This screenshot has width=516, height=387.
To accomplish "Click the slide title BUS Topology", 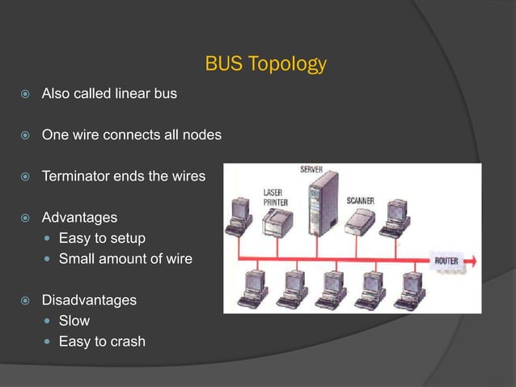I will [x=266, y=64].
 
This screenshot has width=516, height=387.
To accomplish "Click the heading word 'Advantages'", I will [x=79, y=218].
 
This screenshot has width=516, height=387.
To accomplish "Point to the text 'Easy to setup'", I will [x=102, y=238].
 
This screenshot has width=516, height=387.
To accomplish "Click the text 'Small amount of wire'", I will [x=125, y=259].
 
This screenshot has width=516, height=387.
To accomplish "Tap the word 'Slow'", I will [x=74, y=321].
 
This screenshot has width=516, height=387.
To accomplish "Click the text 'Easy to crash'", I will [x=102, y=342].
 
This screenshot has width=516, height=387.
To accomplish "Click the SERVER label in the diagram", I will [x=311, y=170].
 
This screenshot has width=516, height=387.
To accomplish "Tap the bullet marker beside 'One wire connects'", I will [x=25, y=135].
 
